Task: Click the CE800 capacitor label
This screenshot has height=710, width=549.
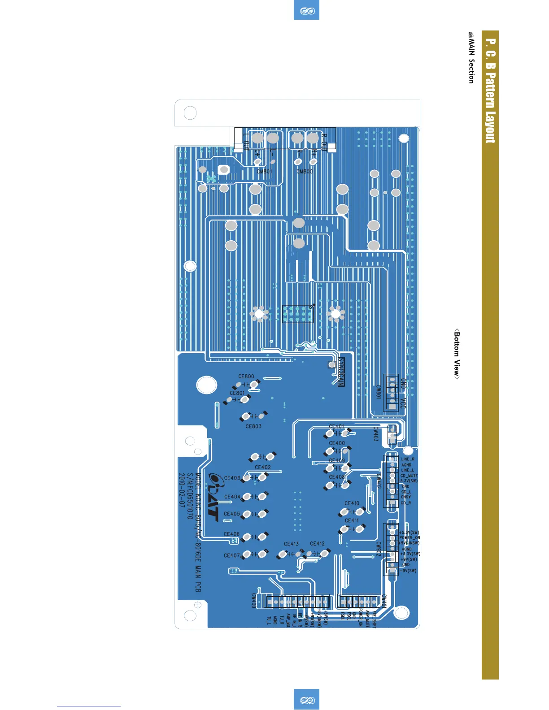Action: pos(246,377)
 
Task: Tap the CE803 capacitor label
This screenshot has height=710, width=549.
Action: pos(253,426)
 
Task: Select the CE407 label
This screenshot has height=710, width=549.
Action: pos(232,555)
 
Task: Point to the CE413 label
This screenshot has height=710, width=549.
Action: pos(291,544)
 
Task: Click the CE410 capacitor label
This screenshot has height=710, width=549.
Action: pos(352,503)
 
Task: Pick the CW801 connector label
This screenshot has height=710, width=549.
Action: pos(378,393)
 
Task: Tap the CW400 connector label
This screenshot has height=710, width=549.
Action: pos(254,601)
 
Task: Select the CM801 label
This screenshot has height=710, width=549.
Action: pos(265,171)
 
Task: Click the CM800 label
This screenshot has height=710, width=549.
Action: pos(305,171)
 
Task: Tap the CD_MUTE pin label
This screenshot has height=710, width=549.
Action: pos(409,476)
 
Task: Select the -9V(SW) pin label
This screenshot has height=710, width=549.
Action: pos(408,571)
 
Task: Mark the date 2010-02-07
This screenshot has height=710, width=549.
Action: pos(182,490)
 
